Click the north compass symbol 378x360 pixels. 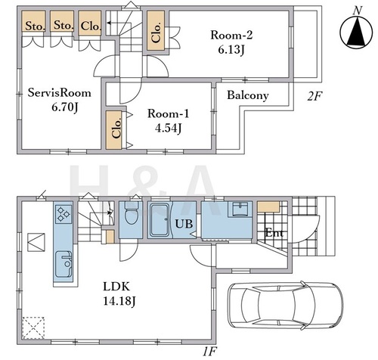pyautogui.click(x=356, y=32)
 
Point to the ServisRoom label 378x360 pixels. pyautogui.click(x=59, y=93)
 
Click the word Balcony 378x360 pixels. pyautogui.click(x=248, y=95)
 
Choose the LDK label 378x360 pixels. pyautogui.click(x=116, y=287)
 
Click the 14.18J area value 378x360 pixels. pyautogui.click(x=119, y=301)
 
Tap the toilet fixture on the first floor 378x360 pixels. pyautogui.click(x=132, y=213)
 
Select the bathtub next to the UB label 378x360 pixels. pyautogui.click(x=160, y=220)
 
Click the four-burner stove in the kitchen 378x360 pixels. pyautogui.click(x=63, y=214)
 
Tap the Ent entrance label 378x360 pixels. pyautogui.click(x=274, y=233)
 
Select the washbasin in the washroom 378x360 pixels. pyautogui.click(x=240, y=209)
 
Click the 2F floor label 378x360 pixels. pyautogui.click(x=314, y=96)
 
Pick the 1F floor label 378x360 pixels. pyautogui.click(x=209, y=352)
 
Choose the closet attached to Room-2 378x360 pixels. pyautogui.click(x=156, y=30)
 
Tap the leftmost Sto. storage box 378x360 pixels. pyautogui.click(x=34, y=21)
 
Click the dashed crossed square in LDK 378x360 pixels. pyautogui.click(x=33, y=328)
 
